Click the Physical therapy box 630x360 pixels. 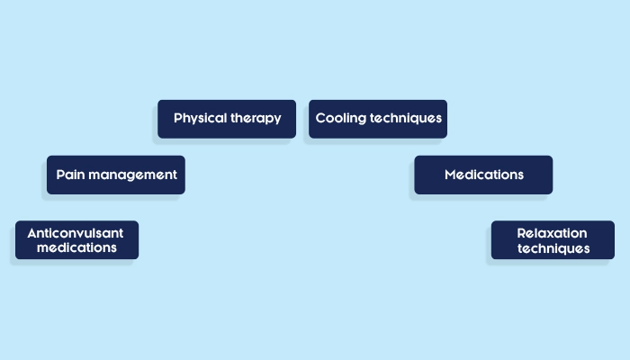pos(227,119)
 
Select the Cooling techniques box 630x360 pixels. pos(378,119)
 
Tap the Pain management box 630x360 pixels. pos(116,175)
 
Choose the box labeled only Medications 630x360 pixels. pos(483,175)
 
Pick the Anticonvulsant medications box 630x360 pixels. pos(76,240)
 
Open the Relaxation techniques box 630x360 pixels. pos(553,240)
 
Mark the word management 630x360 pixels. pos(132,175)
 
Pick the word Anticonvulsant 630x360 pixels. pos(76,232)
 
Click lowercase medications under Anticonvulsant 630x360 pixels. pos(76,247)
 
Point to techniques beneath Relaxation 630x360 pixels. pos(553,248)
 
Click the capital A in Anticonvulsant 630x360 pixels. pos(32,232)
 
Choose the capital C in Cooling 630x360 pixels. pos(320,118)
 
